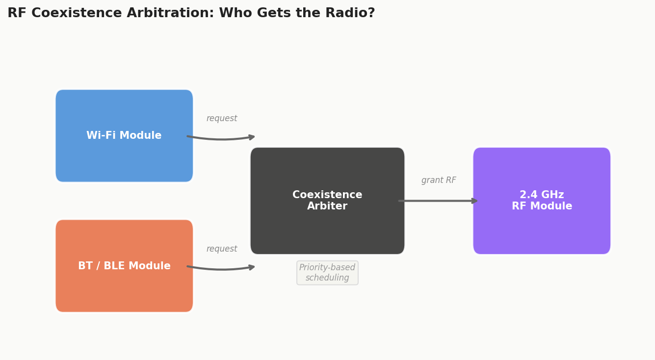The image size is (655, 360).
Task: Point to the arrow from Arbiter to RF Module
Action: tap(437, 201)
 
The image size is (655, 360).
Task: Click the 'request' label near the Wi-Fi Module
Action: tap(222, 119)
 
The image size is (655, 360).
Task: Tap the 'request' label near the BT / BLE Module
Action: tap(222, 249)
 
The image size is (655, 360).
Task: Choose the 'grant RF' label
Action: tap(439, 180)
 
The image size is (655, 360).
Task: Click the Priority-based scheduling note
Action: tap(327, 273)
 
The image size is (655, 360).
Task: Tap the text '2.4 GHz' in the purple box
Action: tap(542, 195)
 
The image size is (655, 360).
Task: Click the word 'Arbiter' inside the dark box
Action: tap(327, 206)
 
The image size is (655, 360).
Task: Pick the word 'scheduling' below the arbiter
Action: tap(327, 278)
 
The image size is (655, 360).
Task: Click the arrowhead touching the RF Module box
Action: tap(474, 201)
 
